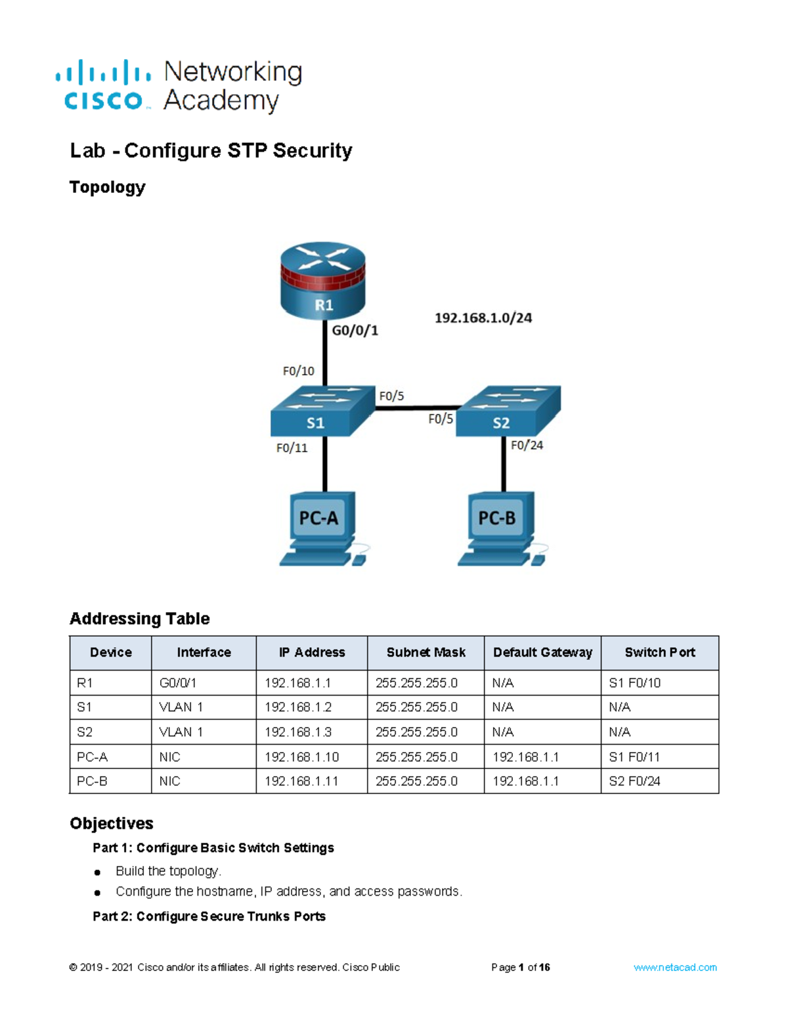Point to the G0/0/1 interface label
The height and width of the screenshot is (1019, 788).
[x=355, y=331]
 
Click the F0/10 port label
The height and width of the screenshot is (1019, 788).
[x=298, y=371]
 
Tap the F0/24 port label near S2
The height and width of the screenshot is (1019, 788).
[x=527, y=445]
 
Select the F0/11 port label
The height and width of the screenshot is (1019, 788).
[x=292, y=448]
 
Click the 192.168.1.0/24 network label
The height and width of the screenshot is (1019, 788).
[x=483, y=318]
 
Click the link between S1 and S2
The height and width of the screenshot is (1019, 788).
[x=415, y=407]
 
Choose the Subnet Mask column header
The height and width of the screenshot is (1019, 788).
[x=426, y=652]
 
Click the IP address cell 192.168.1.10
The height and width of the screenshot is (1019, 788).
[x=301, y=757]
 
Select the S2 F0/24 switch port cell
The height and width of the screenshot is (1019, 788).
[x=634, y=781]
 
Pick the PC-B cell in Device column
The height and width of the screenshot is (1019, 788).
[x=92, y=781]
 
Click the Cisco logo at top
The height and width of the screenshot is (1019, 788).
[x=104, y=85]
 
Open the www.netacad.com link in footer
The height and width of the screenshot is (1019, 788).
[x=674, y=967]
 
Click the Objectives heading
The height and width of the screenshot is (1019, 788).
[x=112, y=823]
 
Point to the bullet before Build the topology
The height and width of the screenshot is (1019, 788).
[x=97, y=872]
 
